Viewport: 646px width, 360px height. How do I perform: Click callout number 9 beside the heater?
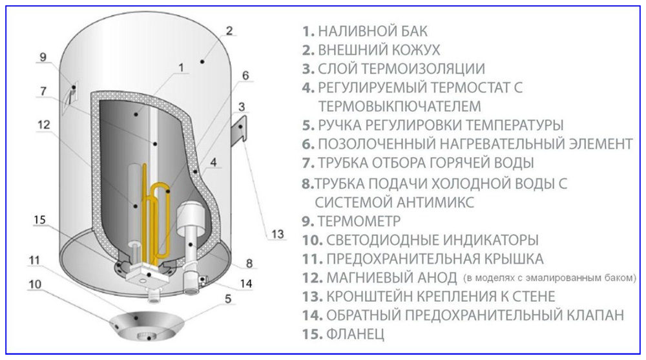click(x=43, y=57)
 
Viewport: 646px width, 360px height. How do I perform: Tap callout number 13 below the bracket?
click(x=277, y=234)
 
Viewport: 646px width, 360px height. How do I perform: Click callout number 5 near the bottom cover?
click(x=227, y=299)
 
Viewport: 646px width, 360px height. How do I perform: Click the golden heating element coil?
click(x=157, y=207)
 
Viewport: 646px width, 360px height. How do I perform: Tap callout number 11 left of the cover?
click(x=34, y=261)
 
